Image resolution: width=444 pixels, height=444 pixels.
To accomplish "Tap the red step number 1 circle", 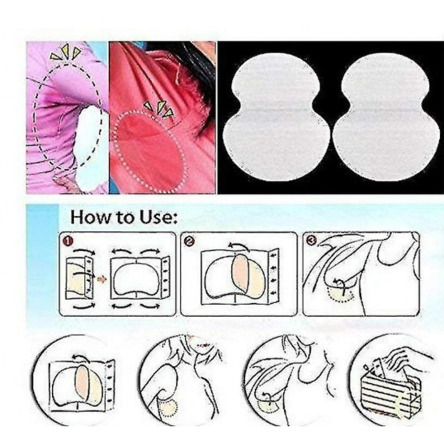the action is tap(68, 241).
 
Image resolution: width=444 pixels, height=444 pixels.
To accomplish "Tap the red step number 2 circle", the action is tap(189, 241).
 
